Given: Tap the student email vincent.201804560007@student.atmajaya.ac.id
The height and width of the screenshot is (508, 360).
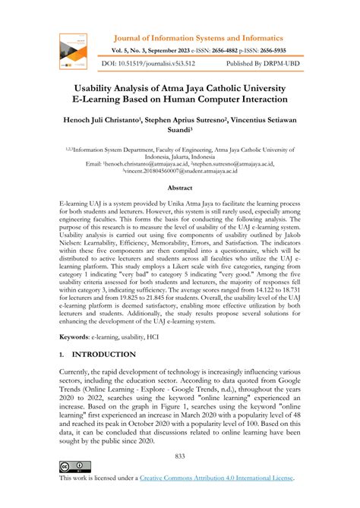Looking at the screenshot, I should click(180, 172).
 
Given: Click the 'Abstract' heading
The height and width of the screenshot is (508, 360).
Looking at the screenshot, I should click(180, 188).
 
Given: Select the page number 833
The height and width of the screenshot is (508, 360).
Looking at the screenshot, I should click(180, 456).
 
